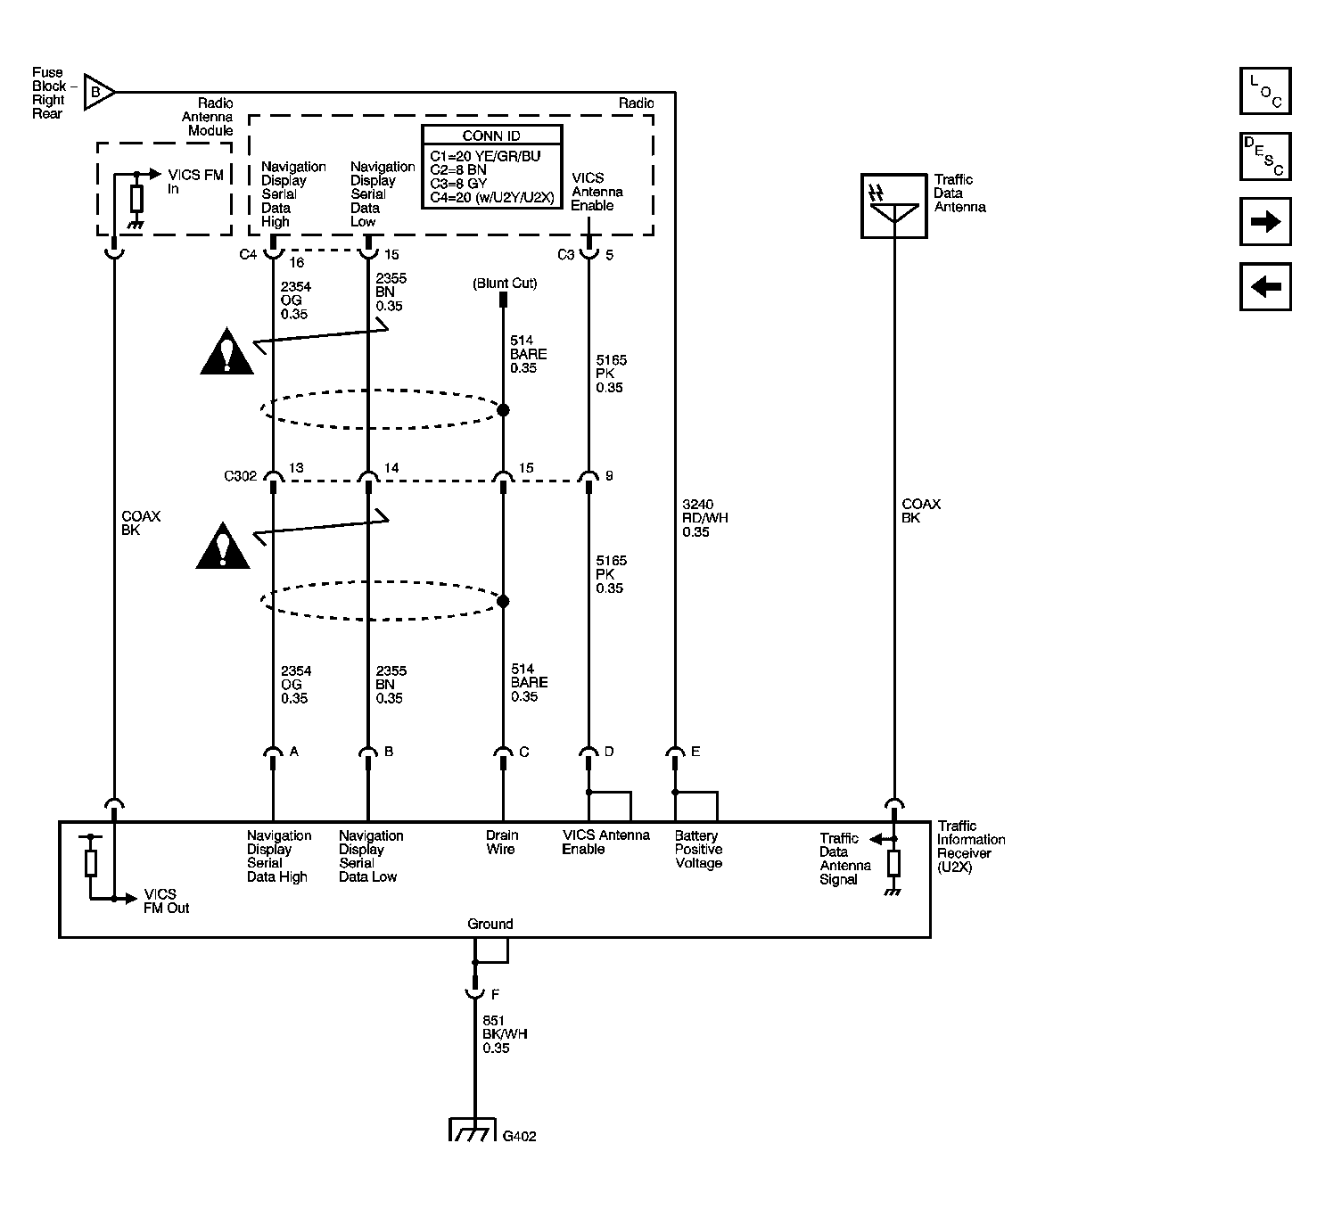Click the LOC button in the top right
(1265, 91)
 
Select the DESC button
(1265, 156)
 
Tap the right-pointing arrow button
(1265, 222)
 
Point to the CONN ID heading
(491, 136)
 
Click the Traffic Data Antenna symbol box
(893, 206)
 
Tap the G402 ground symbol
(472, 1131)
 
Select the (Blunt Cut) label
(505, 284)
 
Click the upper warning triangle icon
(227, 351)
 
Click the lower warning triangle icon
(223, 547)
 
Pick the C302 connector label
(240, 476)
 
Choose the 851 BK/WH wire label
(505, 1034)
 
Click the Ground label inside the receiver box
(490, 924)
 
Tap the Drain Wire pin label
(501, 843)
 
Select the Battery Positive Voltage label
(698, 850)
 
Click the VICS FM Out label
(166, 901)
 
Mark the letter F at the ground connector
(495, 994)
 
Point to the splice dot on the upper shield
(503, 410)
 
